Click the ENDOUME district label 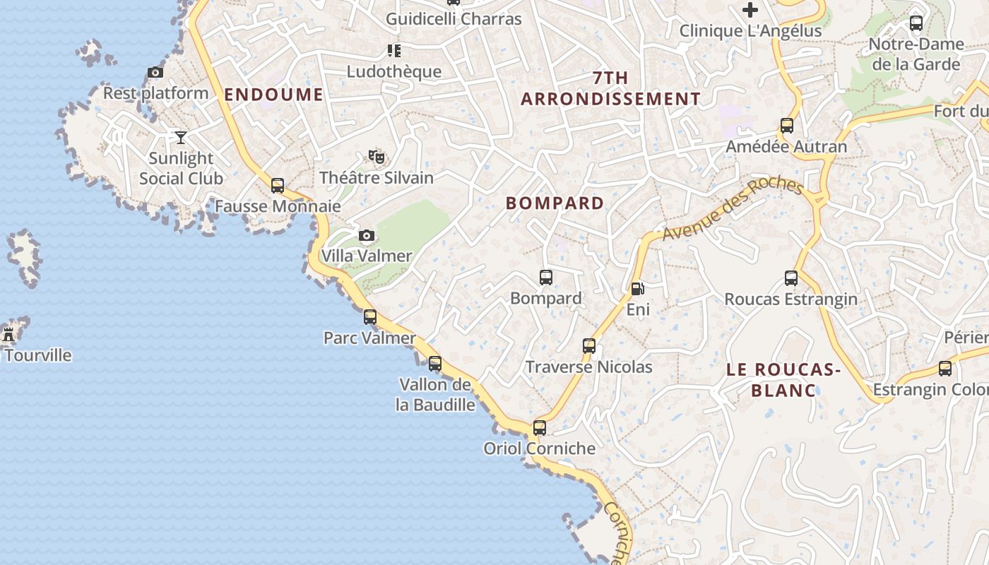(273, 95)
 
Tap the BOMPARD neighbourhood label (555, 203)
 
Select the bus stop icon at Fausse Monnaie (278, 186)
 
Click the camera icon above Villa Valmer (366, 235)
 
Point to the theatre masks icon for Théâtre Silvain (377, 157)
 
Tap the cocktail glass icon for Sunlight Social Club (181, 137)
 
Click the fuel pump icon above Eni (637, 288)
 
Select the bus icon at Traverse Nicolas (589, 346)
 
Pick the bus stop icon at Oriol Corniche (540, 427)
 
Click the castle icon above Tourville (9, 334)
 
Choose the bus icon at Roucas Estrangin (791, 278)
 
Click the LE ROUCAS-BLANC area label (783, 379)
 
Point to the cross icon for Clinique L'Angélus (750, 10)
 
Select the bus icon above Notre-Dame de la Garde (916, 23)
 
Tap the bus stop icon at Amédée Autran (787, 126)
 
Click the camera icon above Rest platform (155, 72)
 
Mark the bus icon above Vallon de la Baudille (435, 364)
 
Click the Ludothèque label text (394, 71)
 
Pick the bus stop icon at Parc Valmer (370, 317)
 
